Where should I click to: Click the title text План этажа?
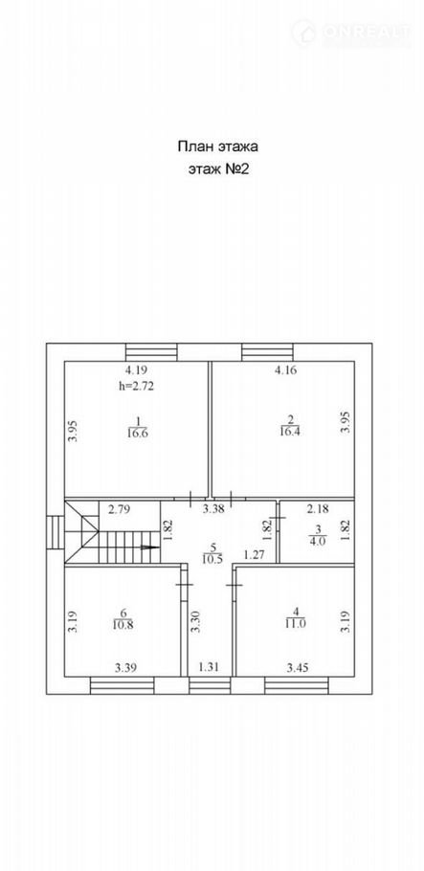(217, 146)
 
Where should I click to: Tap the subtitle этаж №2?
(217, 169)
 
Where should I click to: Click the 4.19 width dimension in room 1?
(136, 369)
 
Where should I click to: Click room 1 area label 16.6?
(137, 434)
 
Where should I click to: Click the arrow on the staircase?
(147, 547)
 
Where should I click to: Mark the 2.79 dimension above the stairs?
(119, 509)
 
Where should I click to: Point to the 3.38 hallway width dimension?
(212, 509)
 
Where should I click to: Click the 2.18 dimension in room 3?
(318, 509)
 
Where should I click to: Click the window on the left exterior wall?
(56, 532)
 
